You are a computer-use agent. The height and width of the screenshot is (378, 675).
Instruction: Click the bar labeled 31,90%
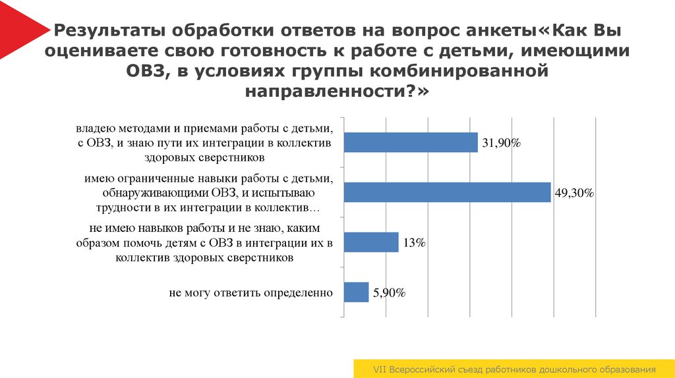pos(411,142)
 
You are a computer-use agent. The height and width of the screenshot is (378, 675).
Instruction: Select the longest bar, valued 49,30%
pos(447,192)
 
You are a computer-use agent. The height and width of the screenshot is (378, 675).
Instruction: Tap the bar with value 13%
pos(372,242)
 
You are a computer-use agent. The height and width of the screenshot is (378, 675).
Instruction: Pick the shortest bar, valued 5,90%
pos(357,292)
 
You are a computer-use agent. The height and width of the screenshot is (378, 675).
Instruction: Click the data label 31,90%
pos(502,143)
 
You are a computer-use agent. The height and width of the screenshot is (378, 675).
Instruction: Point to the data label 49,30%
pos(575,193)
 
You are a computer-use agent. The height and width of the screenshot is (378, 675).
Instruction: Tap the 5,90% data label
pos(389,293)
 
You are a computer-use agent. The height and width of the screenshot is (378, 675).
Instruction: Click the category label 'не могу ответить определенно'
pos(250,292)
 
